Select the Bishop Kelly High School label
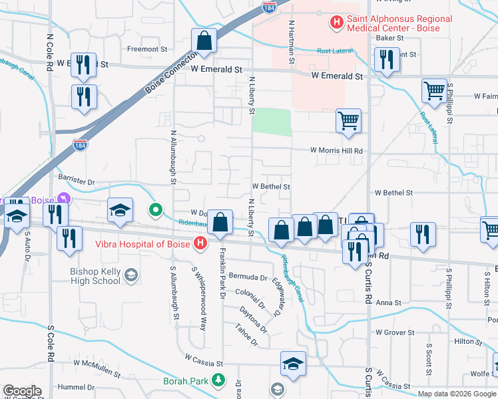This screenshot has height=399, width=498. pos(96,276)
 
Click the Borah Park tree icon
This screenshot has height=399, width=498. pos(217,381)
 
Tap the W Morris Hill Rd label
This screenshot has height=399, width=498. pos(337,151)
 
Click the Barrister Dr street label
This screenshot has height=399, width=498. pos(77,181)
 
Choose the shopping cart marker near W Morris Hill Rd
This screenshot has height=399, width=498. pos(348,121)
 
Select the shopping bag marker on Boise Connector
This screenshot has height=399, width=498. pos(204,41)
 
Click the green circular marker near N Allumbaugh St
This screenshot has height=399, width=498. pos(156,211)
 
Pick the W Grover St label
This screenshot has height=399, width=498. pos(395,332)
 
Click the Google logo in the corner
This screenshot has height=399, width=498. pos(22,391)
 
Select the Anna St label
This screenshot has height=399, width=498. pos(389,303)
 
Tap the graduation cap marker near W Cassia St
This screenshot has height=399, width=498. pos(293,364)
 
